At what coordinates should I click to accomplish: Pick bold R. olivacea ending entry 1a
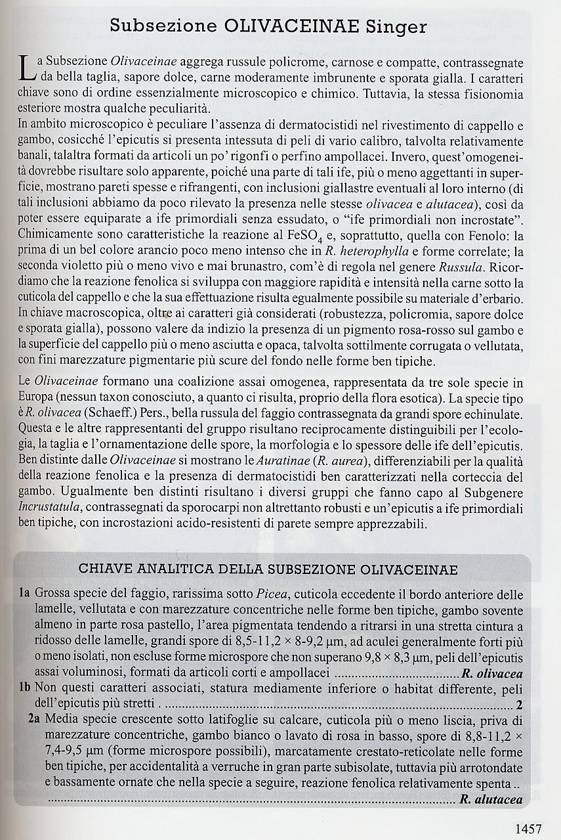[492, 674]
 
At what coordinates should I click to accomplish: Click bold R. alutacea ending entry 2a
[491, 799]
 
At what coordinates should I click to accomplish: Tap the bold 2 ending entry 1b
[519, 705]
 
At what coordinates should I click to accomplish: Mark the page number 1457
[529, 828]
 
